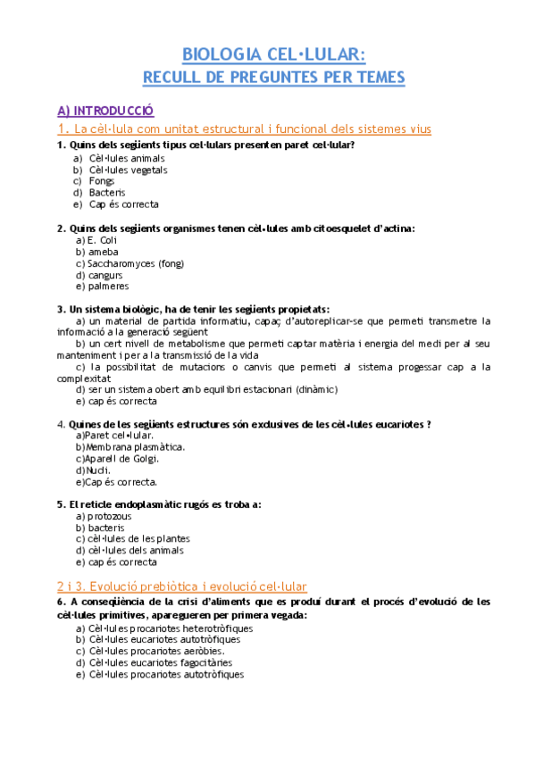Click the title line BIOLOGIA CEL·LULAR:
(x=273, y=54)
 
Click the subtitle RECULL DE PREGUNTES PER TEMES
(x=273, y=78)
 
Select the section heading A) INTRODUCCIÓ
(x=105, y=111)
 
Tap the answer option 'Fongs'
(x=102, y=181)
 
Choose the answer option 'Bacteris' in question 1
(x=107, y=193)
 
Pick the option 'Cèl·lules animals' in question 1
(x=127, y=158)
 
